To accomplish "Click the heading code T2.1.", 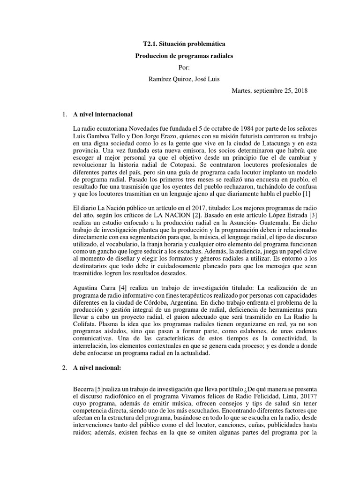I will click(x=151, y=44).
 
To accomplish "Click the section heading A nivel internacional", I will click(x=103, y=114).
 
